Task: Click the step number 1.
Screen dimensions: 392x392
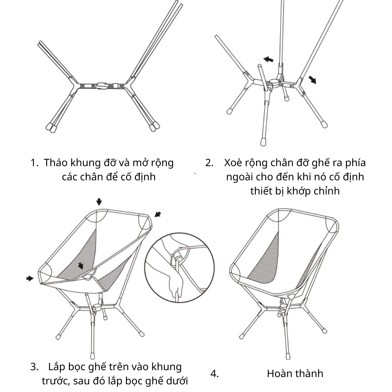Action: point(34,163)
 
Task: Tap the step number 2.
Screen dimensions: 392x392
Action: point(209,163)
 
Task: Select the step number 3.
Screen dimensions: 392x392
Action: point(34,367)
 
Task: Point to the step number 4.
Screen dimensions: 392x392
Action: point(214,374)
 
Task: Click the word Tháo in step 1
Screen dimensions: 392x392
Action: point(56,162)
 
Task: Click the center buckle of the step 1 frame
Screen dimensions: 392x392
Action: point(103,86)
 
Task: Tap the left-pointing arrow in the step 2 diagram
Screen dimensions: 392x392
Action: point(268,59)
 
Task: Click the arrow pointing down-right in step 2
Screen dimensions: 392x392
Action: point(312,80)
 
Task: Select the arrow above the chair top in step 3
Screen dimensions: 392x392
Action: point(99,202)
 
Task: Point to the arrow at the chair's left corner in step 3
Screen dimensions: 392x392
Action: point(30,278)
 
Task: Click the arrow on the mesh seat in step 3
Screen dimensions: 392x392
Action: point(80,266)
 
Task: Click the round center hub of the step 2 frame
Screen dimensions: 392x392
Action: point(273,83)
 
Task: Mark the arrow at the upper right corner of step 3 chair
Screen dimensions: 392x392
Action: point(158,214)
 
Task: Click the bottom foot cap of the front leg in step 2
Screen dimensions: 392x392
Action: point(263,142)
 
